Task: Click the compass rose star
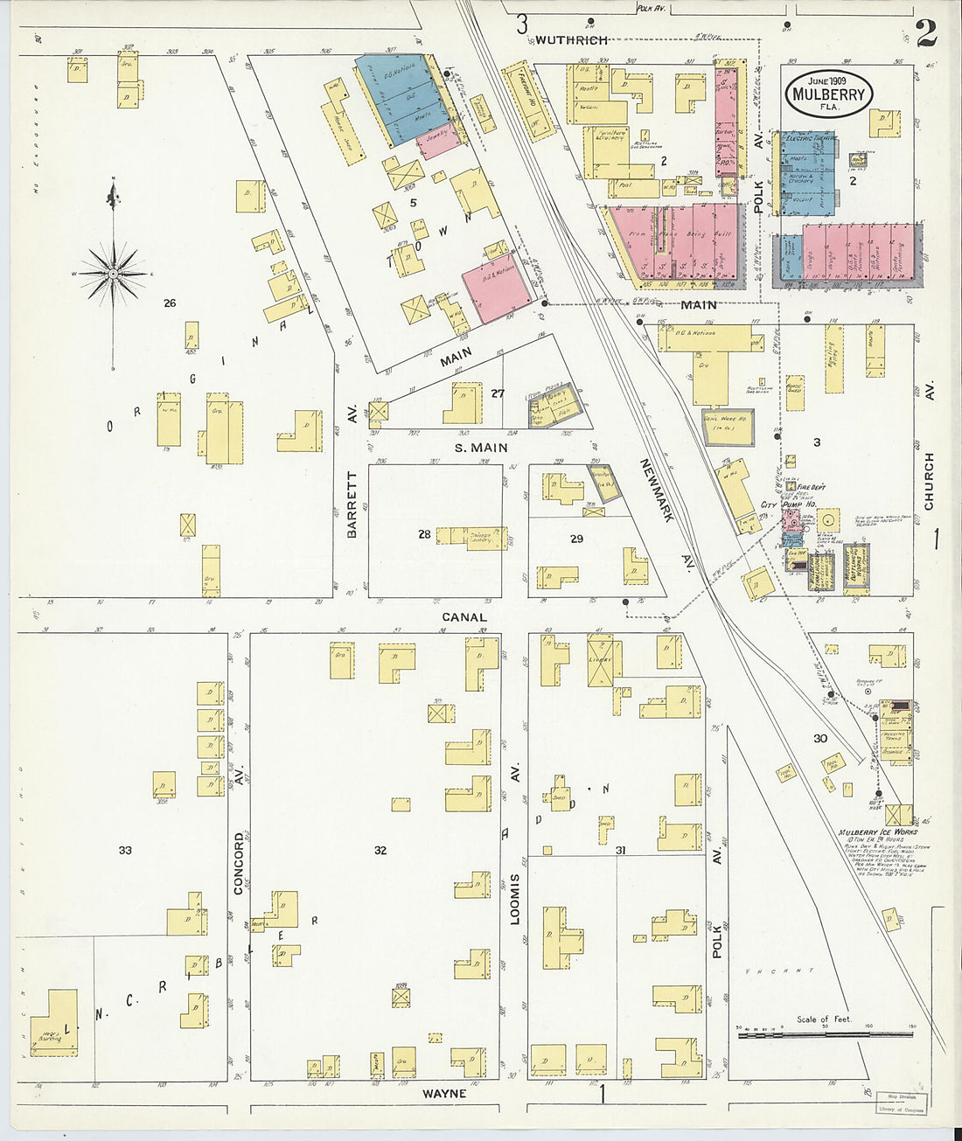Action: click(x=113, y=273)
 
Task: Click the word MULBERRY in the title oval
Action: click(x=827, y=95)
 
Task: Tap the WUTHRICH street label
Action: click(x=570, y=39)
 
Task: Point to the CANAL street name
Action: click(x=464, y=616)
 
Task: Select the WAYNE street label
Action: click(x=444, y=1093)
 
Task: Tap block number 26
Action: click(x=170, y=303)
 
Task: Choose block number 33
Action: click(x=125, y=850)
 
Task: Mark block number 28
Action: click(x=424, y=534)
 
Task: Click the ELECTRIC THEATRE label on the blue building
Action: click(x=810, y=138)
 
